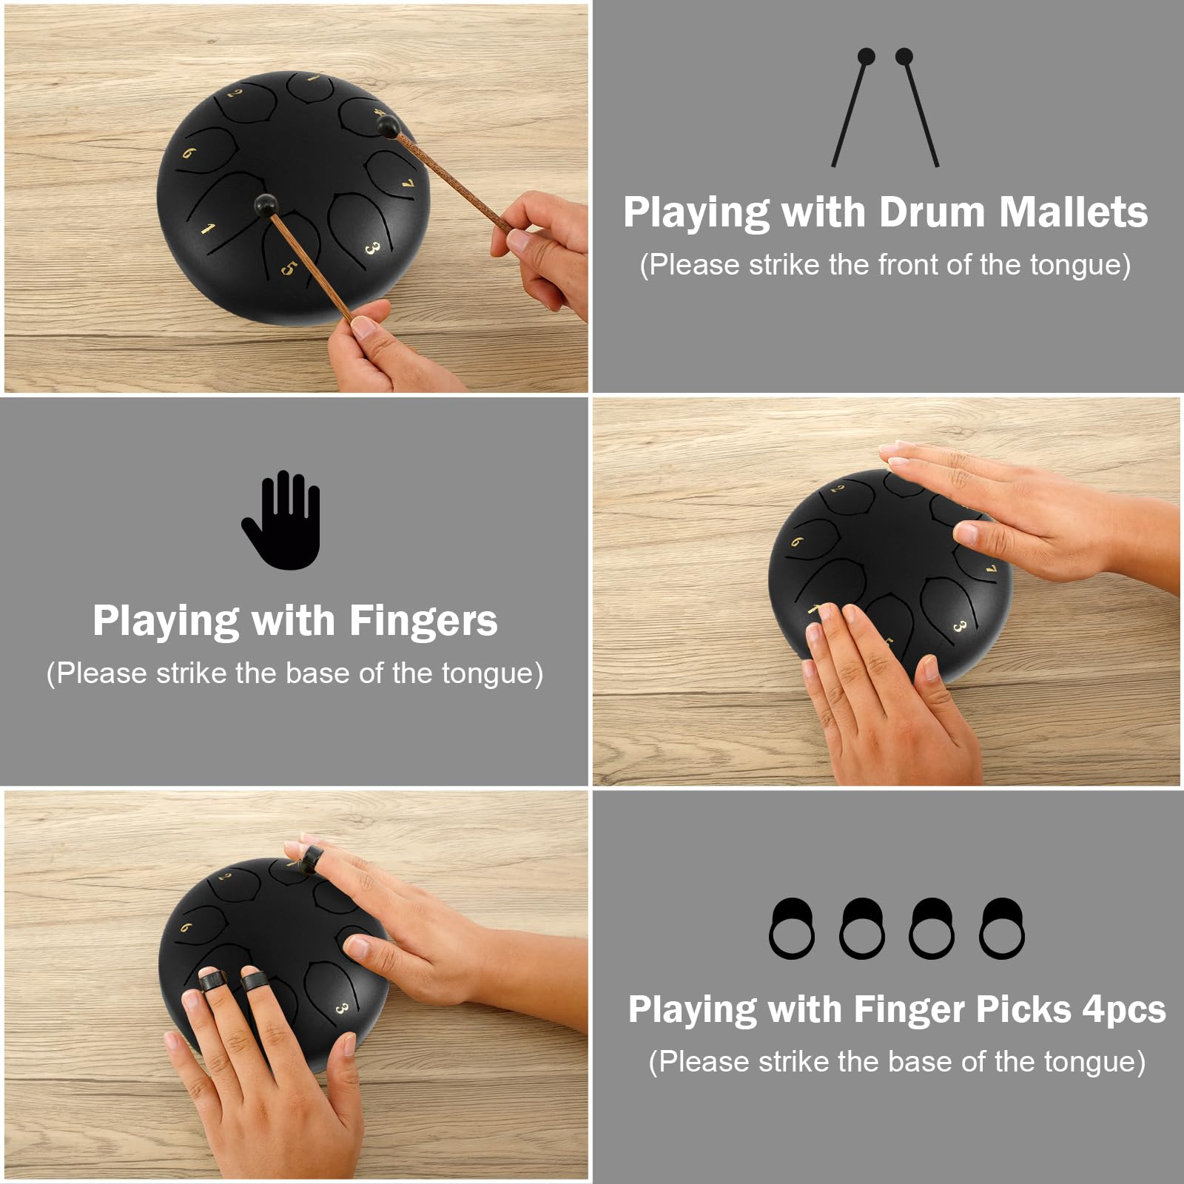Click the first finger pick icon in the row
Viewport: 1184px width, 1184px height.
click(x=791, y=929)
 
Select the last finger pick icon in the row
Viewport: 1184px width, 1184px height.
click(x=1002, y=929)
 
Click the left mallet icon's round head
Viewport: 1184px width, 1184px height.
click(x=865, y=56)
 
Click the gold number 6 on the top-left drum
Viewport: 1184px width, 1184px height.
click(x=189, y=153)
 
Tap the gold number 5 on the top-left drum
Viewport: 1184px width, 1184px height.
click(x=288, y=268)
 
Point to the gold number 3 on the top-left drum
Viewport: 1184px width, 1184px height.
click(x=371, y=249)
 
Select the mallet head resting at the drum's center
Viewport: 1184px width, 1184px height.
click(x=262, y=203)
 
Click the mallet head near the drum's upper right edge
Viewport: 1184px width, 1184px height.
click(x=386, y=129)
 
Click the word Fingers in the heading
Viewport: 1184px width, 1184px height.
click(x=423, y=621)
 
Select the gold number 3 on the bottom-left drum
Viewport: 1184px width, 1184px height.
click(x=342, y=1009)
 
